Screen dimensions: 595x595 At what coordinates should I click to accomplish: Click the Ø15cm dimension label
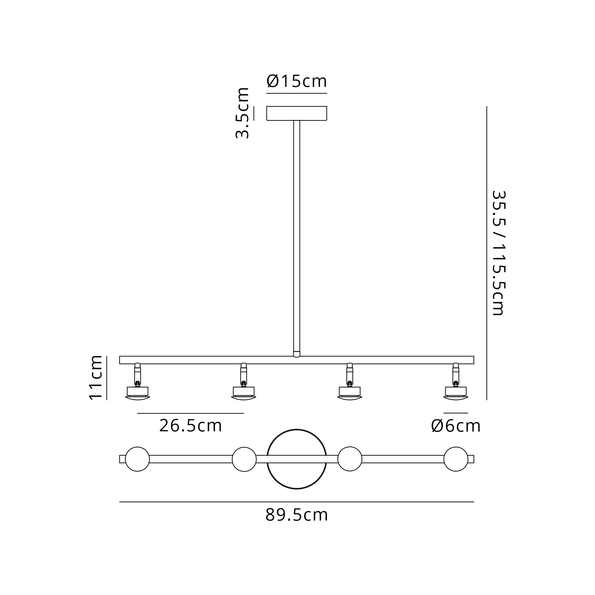tap(297, 81)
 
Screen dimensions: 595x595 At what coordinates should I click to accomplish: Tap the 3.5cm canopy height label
tap(242, 113)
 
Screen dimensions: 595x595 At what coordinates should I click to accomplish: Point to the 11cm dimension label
tap(96, 378)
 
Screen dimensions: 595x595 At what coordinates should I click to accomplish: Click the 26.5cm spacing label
tap(191, 426)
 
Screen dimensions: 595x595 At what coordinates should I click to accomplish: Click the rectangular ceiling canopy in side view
tap(297, 113)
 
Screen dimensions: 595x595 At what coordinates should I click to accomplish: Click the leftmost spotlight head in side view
tap(138, 382)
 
